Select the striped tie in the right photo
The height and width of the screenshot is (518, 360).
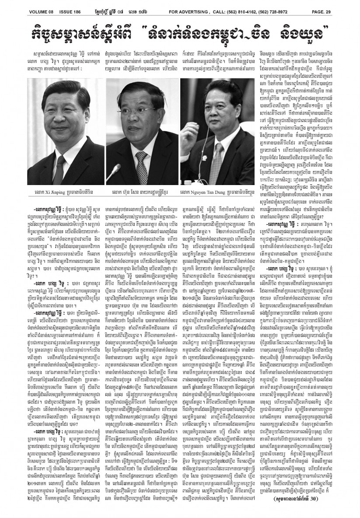click(217, 164)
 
